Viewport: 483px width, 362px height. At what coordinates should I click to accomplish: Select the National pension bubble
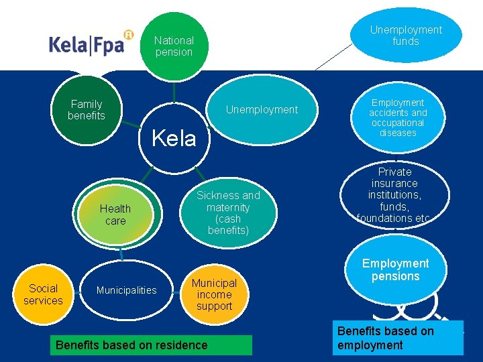pos(174,46)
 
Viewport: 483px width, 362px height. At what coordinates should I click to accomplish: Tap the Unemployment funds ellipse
pos(406,35)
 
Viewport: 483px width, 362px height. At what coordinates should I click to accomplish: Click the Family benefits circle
pos(87,110)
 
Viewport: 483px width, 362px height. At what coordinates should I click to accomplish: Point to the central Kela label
pos(174,139)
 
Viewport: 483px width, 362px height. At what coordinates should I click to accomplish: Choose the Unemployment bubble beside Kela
pos(262,109)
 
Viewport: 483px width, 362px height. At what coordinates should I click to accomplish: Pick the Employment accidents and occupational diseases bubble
pos(398,117)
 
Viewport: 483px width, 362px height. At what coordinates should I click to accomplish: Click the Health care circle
pos(115,215)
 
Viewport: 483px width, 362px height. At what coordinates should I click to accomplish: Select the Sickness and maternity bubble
pos(228,213)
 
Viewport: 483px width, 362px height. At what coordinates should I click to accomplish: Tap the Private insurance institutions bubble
pos(395,194)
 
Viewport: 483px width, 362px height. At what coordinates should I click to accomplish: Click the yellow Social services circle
pos(43,294)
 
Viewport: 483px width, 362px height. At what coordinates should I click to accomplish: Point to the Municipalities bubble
pos(126,290)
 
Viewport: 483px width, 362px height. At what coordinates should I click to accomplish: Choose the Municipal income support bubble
pos(214,294)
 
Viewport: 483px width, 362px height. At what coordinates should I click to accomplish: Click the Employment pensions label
pos(395,269)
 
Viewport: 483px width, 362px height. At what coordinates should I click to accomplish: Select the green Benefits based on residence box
pos(132,345)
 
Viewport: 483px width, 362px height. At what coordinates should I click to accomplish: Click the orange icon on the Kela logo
pos(129,34)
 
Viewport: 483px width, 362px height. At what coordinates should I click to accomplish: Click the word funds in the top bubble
pos(406,42)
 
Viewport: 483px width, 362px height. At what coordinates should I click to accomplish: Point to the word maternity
pos(228,207)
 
